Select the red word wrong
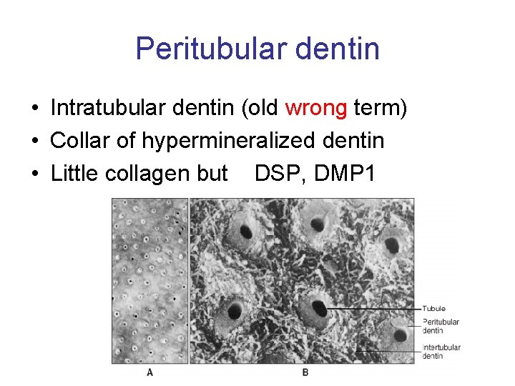point(316,109)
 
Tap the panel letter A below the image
point(149,372)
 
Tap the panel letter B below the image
point(305,372)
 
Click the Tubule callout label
point(433,309)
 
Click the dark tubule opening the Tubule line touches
point(318,310)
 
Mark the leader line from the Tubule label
point(372,309)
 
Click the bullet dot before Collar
point(35,142)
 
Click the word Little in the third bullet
point(72,173)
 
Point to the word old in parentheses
point(263,109)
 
